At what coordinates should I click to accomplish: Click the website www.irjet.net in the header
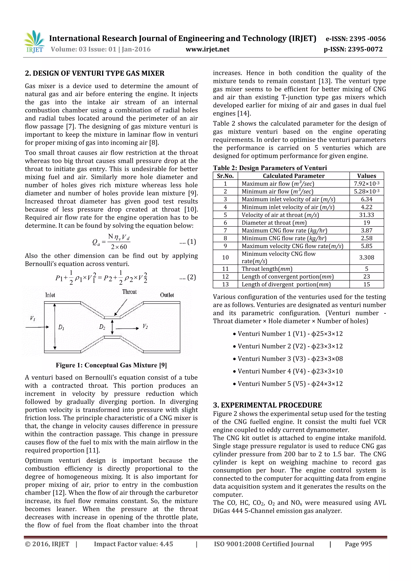click(207, 49)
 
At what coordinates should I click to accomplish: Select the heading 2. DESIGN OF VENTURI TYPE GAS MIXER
click(95, 73)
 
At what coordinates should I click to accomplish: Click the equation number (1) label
click(191, 242)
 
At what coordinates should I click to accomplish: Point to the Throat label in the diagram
click(129, 292)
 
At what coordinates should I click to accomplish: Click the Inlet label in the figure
click(50, 295)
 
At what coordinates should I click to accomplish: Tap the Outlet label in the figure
click(167, 295)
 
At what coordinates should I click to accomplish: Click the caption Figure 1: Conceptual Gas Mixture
click(111, 365)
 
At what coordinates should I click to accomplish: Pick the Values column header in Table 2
click(366, 176)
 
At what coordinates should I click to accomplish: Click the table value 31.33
click(366, 215)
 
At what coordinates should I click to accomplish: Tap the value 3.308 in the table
click(366, 257)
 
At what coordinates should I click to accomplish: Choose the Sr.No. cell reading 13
click(225, 284)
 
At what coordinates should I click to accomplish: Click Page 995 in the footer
click(358, 544)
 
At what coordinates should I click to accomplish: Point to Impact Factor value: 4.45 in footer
click(133, 544)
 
